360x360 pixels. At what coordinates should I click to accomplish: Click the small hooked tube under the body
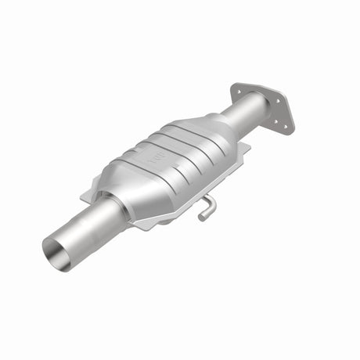coord(205,207)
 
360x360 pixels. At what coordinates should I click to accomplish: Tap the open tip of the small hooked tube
coord(201,217)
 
